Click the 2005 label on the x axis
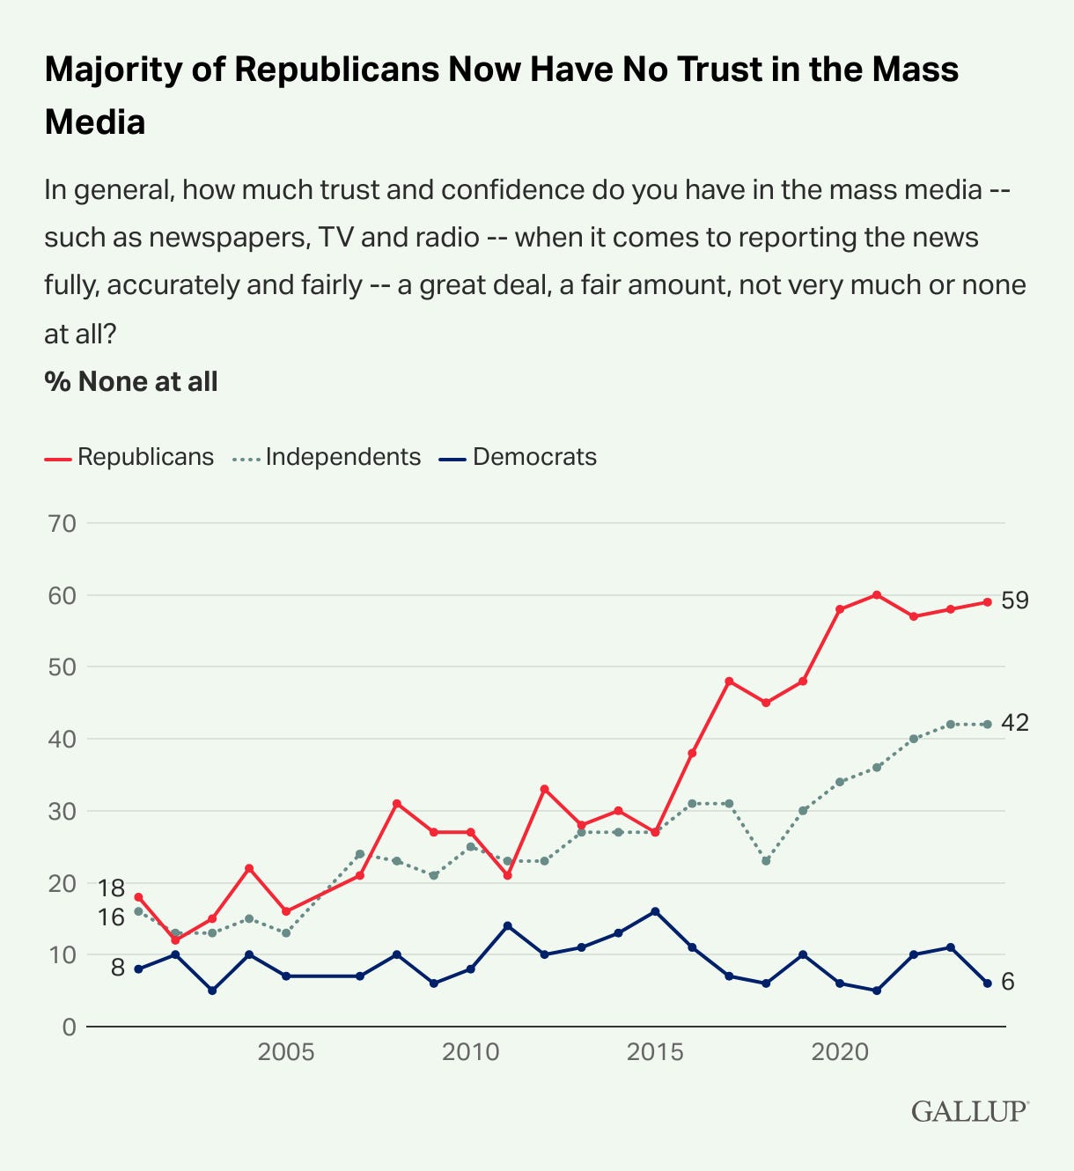pyautogui.click(x=286, y=1052)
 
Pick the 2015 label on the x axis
pyautogui.click(x=655, y=1052)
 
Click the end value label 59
pyautogui.click(x=1015, y=600)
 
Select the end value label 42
pyautogui.click(x=1015, y=723)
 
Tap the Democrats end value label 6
pyautogui.click(x=1008, y=982)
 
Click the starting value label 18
pyautogui.click(x=111, y=887)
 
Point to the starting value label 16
pyautogui.click(x=111, y=917)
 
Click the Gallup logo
pyautogui.click(x=969, y=1110)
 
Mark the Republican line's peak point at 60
pyautogui.click(x=877, y=595)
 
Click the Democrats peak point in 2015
pyautogui.click(x=655, y=911)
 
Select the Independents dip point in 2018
pyautogui.click(x=766, y=861)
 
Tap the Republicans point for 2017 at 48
pyautogui.click(x=729, y=681)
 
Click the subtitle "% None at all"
pyautogui.click(x=131, y=381)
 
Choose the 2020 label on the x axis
pyautogui.click(x=840, y=1052)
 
